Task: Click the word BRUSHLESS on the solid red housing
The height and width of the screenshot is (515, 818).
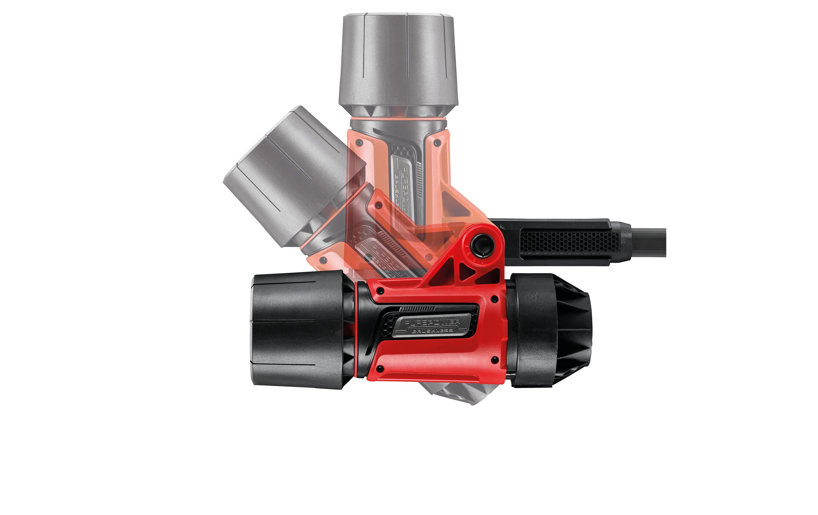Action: pyautogui.click(x=432, y=330)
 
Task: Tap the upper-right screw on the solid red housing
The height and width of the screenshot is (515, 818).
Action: pyautogui.click(x=494, y=299)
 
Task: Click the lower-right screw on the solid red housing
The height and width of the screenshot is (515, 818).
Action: pyautogui.click(x=494, y=359)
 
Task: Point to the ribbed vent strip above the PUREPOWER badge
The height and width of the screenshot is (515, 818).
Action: pyautogui.click(x=417, y=309)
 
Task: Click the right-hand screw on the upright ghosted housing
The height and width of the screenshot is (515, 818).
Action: pyautogui.click(x=438, y=144)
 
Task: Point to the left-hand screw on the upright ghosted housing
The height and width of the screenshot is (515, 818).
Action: pyautogui.click(x=358, y=143)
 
